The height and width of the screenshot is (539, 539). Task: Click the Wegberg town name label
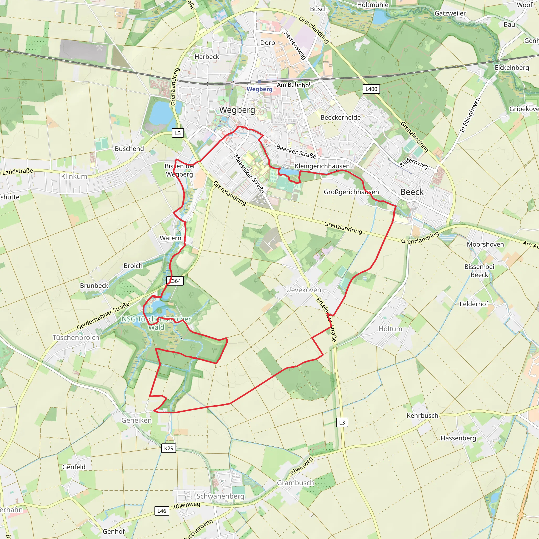[x=237, y=110]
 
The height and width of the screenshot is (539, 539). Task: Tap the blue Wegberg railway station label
[x=259, y=89]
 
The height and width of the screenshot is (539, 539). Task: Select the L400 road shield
[x=371, y=89]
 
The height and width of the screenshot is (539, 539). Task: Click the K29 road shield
[x=168, y=448]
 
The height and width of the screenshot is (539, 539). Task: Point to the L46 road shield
[x=162, y=511]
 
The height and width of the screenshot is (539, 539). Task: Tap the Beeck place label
[x=412, y=192]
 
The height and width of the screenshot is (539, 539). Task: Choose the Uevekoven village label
[x=303, y=290]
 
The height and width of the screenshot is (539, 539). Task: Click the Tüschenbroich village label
[x=76, y=337]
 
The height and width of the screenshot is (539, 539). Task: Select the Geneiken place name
[x=136, y=420]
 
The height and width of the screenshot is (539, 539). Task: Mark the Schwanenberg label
[x=220, y=496]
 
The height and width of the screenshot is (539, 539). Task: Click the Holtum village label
[x=390, y=329]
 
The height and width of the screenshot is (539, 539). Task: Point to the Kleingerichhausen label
[x=322, y=166]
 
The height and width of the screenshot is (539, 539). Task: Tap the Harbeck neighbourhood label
[x=207, y=57]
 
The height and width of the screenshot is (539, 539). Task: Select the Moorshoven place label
[x=485, y=244]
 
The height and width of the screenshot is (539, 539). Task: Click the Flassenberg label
[x=458, y=438]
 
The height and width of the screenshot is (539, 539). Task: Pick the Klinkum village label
[x=74, y=176]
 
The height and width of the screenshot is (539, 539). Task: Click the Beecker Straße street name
[x=296, y=152]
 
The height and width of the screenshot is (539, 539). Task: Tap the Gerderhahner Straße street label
[x=103, y=316]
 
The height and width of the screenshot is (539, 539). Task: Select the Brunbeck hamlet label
[x=94, y=285]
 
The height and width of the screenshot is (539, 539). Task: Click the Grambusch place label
[x=295, y=482]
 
